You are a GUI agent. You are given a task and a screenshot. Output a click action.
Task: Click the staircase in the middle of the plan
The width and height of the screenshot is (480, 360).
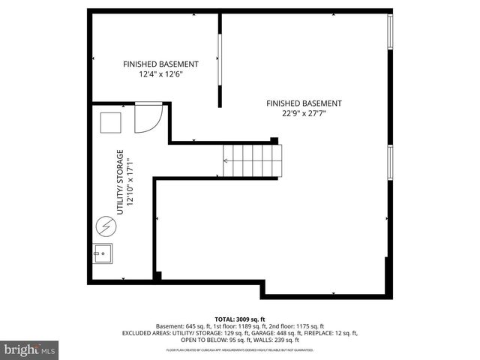pos(252,160)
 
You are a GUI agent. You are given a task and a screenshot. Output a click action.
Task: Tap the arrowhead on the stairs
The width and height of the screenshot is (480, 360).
pos(226,160)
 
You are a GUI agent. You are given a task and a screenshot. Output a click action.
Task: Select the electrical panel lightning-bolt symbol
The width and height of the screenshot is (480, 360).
pos(106,224)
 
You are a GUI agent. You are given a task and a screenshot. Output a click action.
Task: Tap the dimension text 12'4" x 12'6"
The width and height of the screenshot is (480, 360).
pos(160,74)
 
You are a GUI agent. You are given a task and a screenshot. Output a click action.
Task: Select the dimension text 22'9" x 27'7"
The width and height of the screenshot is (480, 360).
pos(304,113)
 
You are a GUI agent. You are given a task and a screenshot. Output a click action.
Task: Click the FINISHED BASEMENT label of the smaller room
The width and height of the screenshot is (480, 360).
pos(160,64)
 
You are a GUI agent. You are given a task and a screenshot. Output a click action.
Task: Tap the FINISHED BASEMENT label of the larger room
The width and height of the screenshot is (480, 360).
pos(304,103)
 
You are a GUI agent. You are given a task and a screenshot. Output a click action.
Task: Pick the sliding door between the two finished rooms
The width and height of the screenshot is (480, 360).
pos(219,60)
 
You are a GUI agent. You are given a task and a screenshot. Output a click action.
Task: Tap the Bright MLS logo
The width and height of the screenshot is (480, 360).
pos(30,349)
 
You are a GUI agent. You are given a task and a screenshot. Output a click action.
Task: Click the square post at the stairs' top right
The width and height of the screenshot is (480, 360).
pos(274,140)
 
